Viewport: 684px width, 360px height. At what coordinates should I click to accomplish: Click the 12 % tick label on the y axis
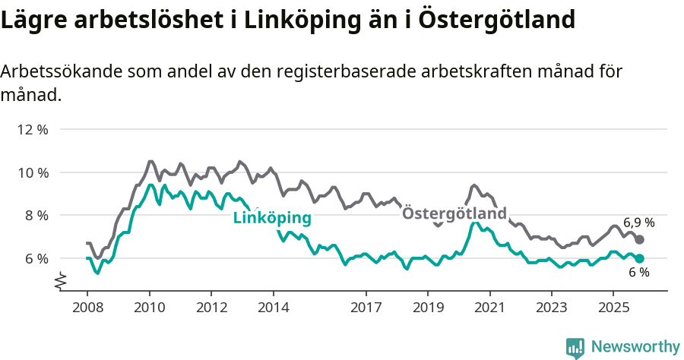click(32, 129)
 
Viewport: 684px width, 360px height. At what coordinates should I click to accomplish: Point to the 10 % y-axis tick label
click(32, 172)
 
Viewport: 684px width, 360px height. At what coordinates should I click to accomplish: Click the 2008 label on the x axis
click(87, 308)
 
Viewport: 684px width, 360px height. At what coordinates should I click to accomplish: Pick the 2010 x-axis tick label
click(150, 308)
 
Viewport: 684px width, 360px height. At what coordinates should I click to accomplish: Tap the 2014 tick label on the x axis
click(274, 308)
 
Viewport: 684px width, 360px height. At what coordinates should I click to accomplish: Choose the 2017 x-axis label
click(366, 308)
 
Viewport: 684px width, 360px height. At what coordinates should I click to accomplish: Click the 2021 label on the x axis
click(490, 308)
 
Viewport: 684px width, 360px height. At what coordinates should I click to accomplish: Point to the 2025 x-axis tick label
click(614, 308)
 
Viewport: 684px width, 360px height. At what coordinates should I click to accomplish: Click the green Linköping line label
click(272, 218)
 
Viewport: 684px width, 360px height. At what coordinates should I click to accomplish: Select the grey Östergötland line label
click(454, 213)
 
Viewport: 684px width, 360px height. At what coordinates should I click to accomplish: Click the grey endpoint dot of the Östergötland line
click(640, 239)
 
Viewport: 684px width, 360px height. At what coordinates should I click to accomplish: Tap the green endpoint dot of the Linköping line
click(640, 258)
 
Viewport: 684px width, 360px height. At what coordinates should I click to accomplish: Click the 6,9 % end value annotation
click(639, 223)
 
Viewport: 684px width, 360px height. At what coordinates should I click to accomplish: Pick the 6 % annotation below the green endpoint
click(638, 273)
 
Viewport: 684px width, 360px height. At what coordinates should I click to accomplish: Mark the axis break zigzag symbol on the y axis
click(60, 283)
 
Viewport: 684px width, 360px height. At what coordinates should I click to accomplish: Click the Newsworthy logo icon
click(575, 347)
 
